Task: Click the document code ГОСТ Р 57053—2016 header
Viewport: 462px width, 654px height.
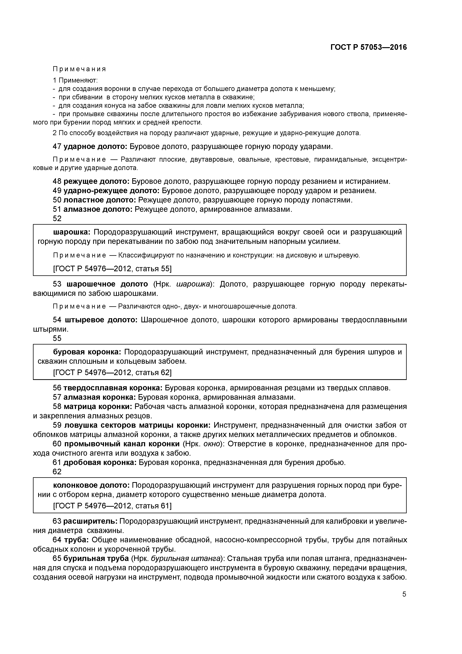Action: (369, 47)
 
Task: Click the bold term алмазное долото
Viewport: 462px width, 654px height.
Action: (98, 209)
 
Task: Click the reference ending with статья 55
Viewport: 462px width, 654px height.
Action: (113, 269)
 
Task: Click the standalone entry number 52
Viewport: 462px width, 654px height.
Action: (57, 218)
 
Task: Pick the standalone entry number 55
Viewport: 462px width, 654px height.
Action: (57, 338)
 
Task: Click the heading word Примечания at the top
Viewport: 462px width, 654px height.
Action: (79, 69)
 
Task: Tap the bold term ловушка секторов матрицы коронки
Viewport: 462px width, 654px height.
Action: (137, 425)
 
